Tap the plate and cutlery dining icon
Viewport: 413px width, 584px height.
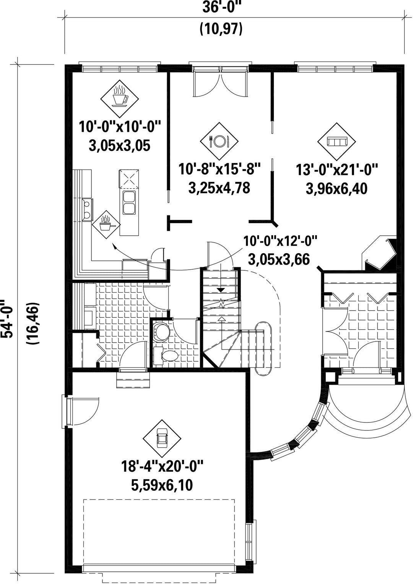click(219, 141)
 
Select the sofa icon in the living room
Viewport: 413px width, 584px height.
click(337, 142)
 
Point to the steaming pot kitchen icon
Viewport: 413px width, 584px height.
click(106, 221)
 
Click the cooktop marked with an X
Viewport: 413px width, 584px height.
click(129, 179)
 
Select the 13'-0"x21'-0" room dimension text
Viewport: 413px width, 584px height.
click(337, 170)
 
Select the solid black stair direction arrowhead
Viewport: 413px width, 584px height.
click(221, 290)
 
